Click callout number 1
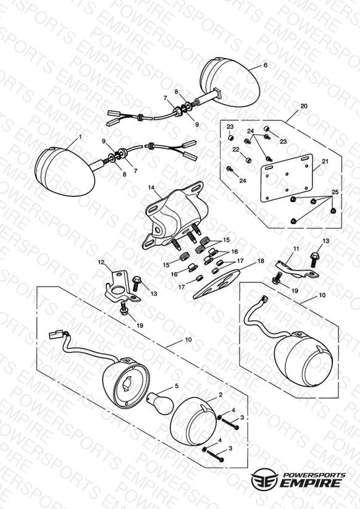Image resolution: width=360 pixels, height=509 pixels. pyautogui.click(x=80, y=137)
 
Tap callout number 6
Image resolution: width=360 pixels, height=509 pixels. pyautogui.click(x=266, y=65)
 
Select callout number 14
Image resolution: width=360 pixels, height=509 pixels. pyautogui.click(x=151, y=188)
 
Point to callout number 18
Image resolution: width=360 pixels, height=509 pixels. pyautogui.click(x=261, y=261)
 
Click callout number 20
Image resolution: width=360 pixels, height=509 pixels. pyautogui.click(x=304, y=106)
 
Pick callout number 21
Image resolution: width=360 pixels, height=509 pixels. pyautogui.click(x=325, y=161)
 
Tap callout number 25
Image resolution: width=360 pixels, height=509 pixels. pyautogui.click(x=335, y=192)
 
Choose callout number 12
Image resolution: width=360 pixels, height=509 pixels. pyautogui.click(x=101, y=262)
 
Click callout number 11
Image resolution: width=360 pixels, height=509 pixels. pyautogui.click(x=296, y=249)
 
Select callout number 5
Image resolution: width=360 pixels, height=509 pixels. pyautogui.click(x=177, y=386)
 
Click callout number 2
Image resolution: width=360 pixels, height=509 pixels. pyautogui.click(x=220, y=395)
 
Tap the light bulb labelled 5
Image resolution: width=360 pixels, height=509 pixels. pyautogui.click(x=161, y=403)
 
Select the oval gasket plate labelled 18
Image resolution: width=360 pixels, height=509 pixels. pyautogui.click(x=217, y=284)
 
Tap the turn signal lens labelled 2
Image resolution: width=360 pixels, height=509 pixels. pyautogui.click(x=193, y=418)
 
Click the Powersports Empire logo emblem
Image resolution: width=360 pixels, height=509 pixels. pyautogui.click(x=264, y=479)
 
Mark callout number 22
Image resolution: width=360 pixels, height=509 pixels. pyautogui.click(x=236, y=149)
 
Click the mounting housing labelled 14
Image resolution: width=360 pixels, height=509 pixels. pyautogui.click(x=176, y=216)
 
